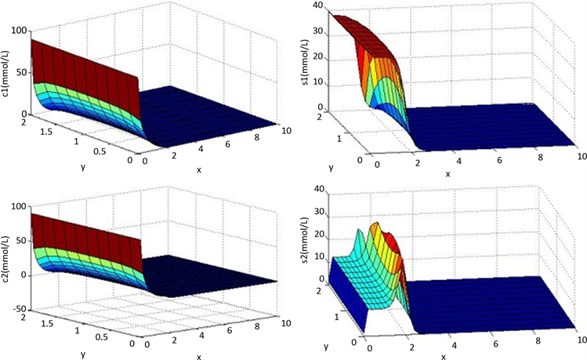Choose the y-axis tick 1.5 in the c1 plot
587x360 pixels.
48,132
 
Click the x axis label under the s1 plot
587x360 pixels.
447,173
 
